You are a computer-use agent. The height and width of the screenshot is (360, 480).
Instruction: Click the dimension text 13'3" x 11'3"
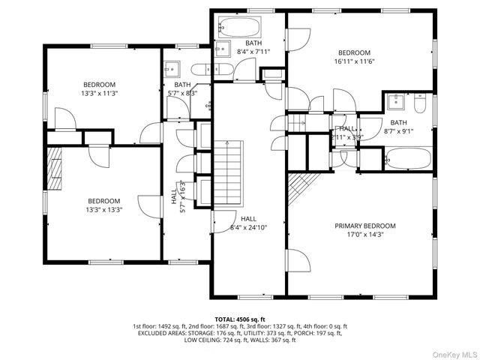tap(100, 93)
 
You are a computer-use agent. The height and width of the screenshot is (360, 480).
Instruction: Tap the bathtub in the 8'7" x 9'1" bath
tap(407, 158)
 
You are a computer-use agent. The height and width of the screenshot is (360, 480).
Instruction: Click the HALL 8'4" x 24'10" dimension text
tap(248, 227)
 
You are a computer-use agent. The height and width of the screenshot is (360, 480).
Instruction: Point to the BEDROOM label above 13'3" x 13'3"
tap(103, 200)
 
